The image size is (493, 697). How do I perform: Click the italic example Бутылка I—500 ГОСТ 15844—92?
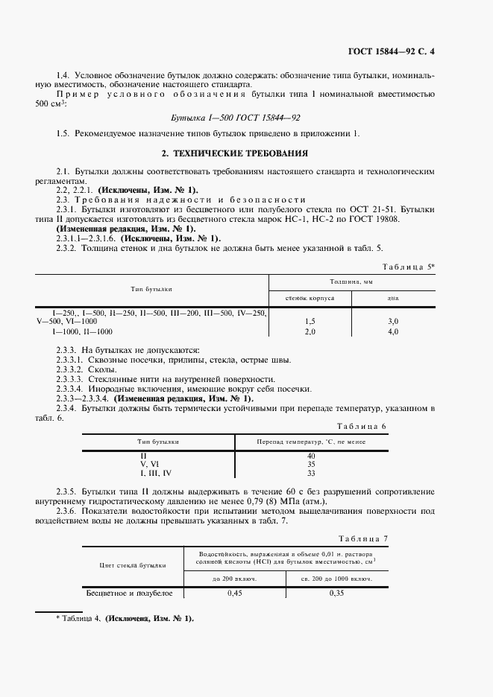236,118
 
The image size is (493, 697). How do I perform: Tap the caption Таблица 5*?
409,266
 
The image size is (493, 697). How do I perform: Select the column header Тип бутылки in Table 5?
151,288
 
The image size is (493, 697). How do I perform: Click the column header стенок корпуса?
310,297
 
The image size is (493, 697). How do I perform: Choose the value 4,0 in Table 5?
393,331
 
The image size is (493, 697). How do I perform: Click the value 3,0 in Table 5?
393,321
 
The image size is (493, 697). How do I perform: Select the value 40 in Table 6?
311,455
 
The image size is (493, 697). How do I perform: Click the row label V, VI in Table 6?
150,464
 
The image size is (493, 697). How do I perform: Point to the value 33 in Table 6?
311,473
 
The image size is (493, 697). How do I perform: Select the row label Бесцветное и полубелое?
131,593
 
